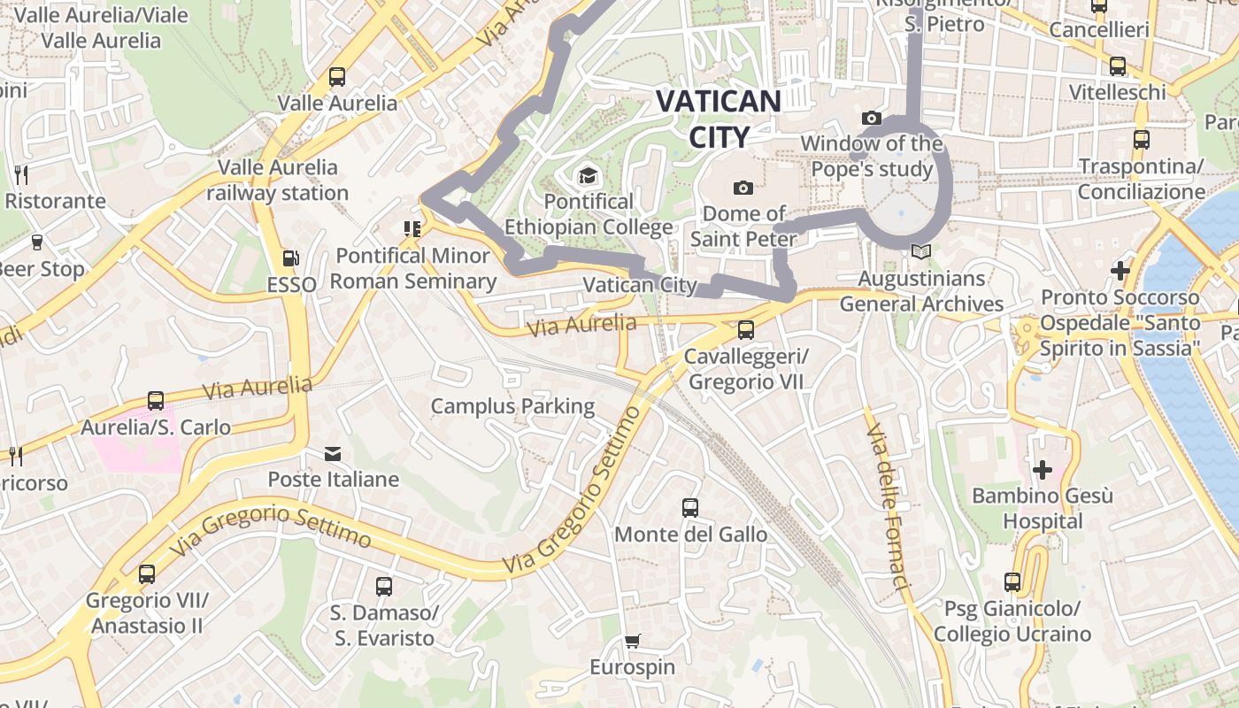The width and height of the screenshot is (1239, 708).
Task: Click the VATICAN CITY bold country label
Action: (x=718, y=119)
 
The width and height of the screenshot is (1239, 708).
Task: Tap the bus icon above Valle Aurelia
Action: (x=337, y=77)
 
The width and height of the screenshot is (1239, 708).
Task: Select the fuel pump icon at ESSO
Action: (x=290, y=258)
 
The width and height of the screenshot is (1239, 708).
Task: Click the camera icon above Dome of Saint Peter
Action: (x=743, y=188)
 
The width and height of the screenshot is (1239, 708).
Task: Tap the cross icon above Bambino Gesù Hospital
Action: (x=1043, y=469)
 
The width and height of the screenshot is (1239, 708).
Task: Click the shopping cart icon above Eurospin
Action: (x=632, y=641)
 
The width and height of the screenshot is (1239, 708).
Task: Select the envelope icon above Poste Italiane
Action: (x=333, y=454)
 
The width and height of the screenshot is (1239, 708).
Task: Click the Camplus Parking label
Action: (x=512, y=406)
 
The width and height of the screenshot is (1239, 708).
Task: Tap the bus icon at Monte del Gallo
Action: (x=690, y=508)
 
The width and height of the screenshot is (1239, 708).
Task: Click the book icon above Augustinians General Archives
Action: (x=921, y=252)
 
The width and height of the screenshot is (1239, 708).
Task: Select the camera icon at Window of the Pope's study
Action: (x=871, y=118)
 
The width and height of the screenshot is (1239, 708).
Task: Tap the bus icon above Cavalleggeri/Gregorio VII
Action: (x=746, y=330)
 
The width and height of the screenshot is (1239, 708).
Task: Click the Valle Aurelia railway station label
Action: (x=278, y=180)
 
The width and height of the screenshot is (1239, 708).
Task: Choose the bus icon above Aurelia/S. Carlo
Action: (x=156, y=401)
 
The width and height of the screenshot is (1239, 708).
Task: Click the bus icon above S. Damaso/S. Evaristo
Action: (x=383, y=586)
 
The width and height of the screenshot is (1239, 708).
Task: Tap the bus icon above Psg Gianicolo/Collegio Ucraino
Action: (x=1012, y=582)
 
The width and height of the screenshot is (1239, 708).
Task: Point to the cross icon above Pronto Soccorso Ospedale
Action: (x=1120, y=271)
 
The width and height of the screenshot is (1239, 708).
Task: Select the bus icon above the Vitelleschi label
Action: (x=1118, y=66)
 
